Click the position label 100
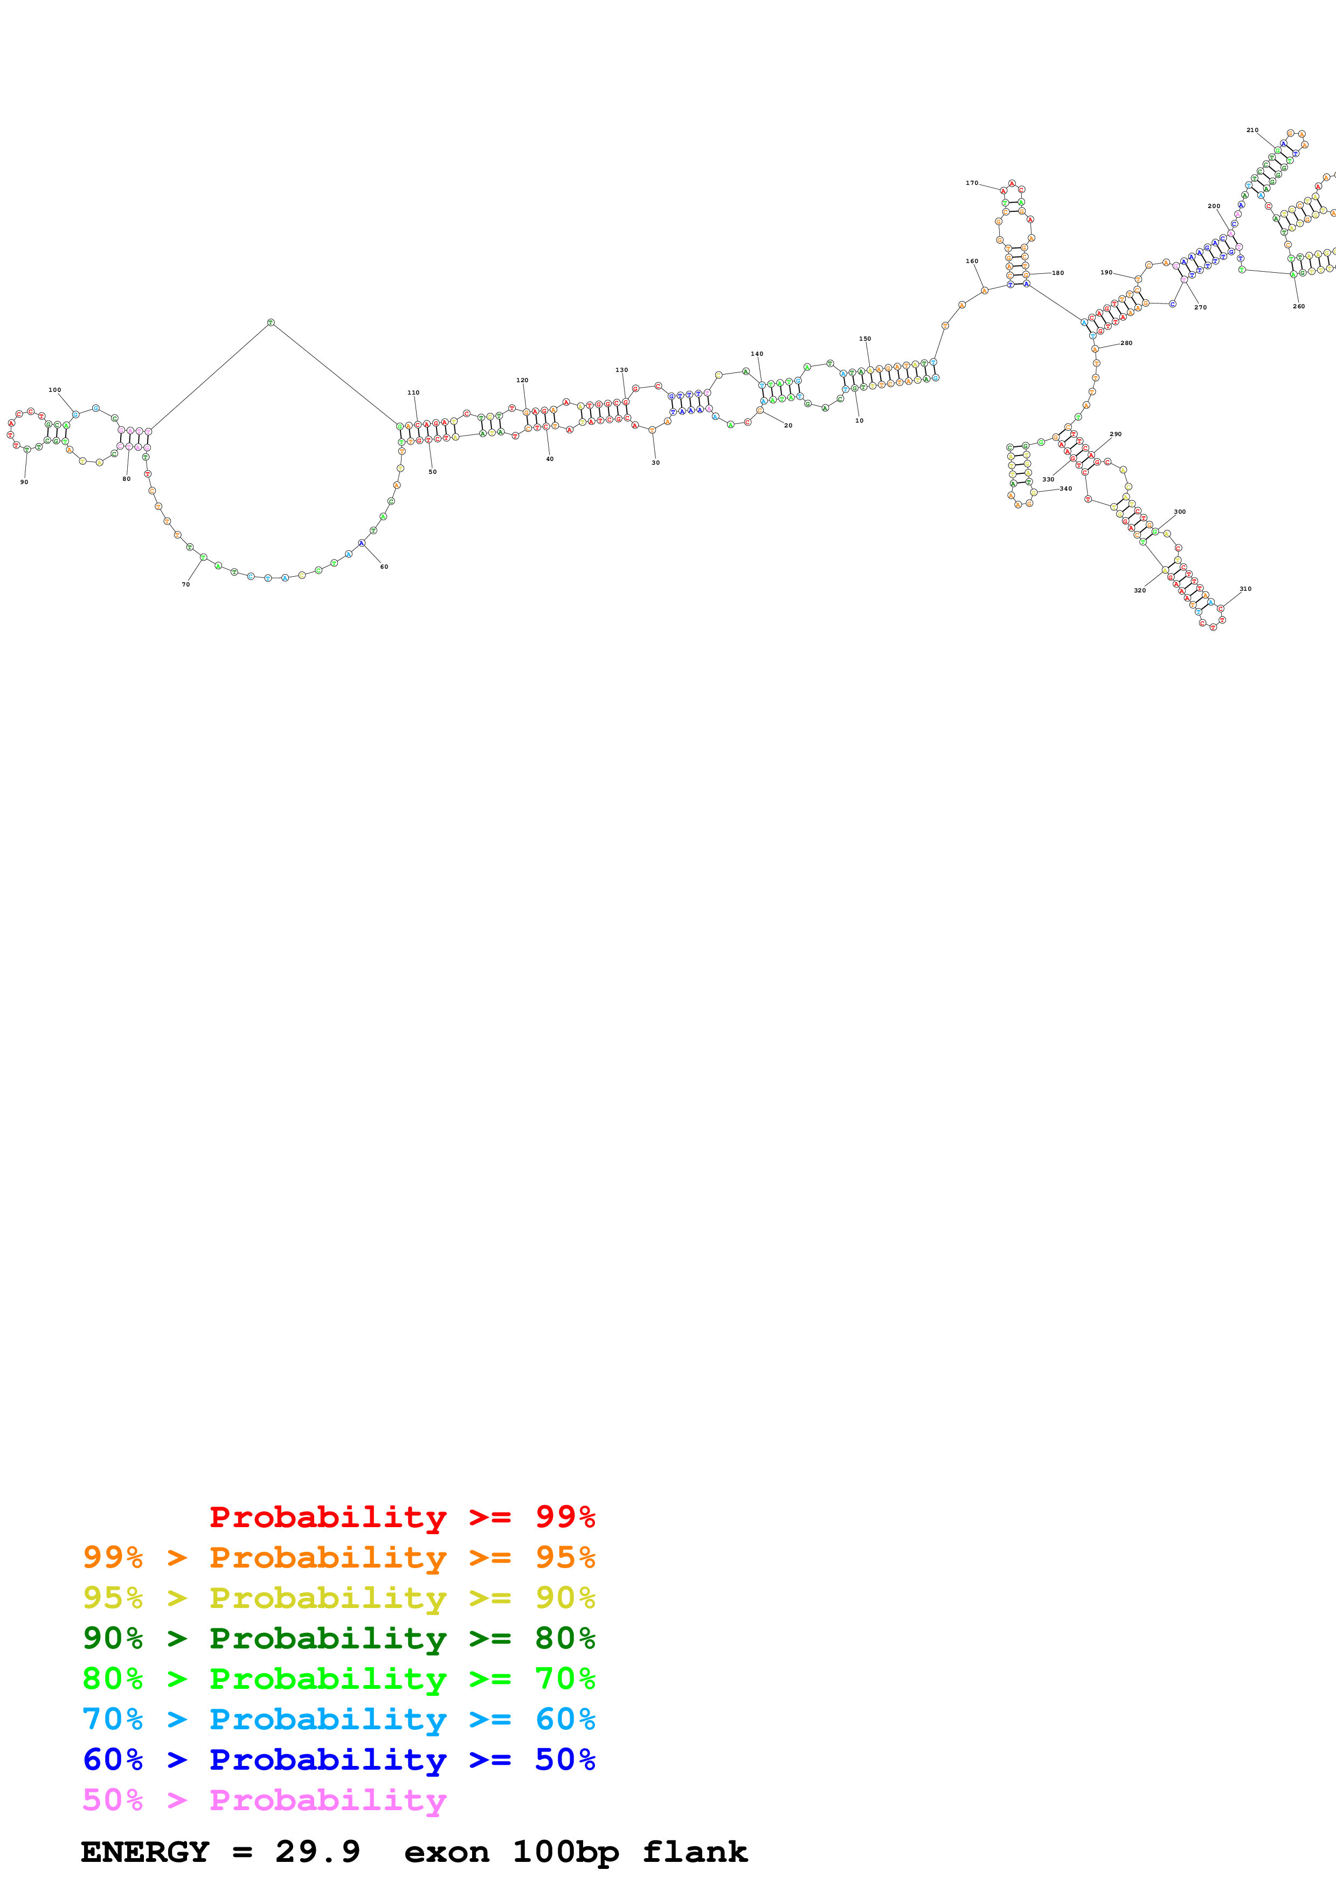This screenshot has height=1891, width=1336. coord(54,390)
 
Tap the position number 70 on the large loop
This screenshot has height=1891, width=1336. coord(185,584)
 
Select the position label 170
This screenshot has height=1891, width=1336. coord(971,183)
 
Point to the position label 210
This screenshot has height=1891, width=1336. coord(1251,130)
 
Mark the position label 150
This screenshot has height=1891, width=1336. coord(864,339)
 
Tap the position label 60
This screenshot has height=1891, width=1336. coord(384,567)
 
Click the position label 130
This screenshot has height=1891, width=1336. coord(621,370)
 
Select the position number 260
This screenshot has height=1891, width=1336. coord(1298,306)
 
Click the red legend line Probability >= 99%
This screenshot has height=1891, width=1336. coord(402,1516)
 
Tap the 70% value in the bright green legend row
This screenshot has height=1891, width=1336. coord(565,1679)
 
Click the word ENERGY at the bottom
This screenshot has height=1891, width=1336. coord(145,1852)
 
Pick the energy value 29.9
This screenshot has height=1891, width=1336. coord(318,1852)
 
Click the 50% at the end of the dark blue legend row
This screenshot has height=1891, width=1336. coord(565,1759)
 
